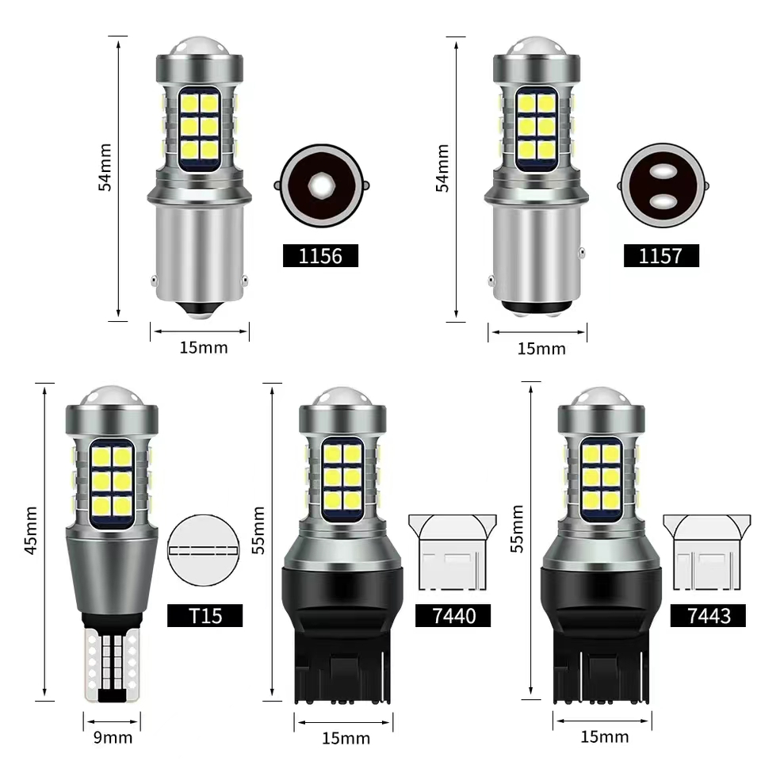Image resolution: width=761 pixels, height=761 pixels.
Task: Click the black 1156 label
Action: pyautogui.click(x=320, y=256)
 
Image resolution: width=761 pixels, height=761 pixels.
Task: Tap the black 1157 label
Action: pyautogui.click(x=661, y=256)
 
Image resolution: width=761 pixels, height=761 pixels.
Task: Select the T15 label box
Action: pyautogui.click(x=205, y=615)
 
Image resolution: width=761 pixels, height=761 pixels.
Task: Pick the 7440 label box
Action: pyautogui.click(x=453, y=615)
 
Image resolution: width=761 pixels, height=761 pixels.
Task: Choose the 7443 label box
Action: pyautogui.click(x=708, y=615)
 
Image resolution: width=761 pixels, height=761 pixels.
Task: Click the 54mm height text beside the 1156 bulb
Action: pyautogui.click(x=105, y=167)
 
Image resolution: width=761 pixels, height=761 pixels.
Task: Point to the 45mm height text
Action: pyautogui.click(x=31, y=530)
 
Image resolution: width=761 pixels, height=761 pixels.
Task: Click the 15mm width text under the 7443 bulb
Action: pyautogui.click(x=605, y=736)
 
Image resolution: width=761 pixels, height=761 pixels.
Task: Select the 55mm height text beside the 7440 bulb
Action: pyautogui.click(x=258, y=530)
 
